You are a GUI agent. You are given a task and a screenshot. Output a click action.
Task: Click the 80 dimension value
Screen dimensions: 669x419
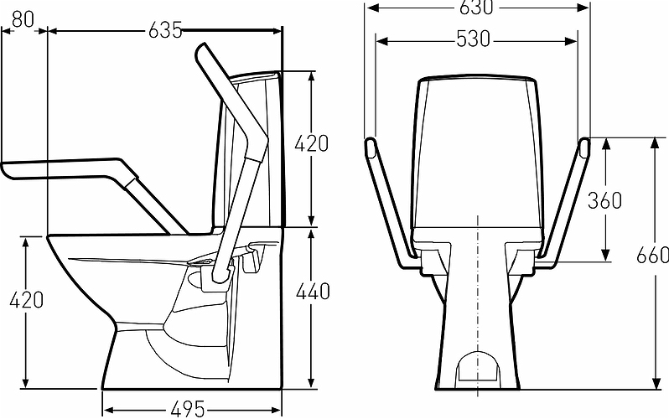coord(23,19)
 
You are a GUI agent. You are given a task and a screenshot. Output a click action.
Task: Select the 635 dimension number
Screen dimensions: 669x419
coord(165,30)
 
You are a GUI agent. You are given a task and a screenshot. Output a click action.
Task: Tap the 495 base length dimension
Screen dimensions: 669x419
coord(188,410)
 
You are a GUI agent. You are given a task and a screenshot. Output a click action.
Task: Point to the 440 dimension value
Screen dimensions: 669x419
coord(314,292)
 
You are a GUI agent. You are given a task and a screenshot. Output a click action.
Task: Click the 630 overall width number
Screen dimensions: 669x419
coord(476,8)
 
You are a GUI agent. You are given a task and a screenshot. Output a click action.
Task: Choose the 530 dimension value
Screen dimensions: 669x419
coord(474,39)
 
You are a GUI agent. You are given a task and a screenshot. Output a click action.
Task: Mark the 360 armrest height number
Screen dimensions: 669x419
coord(604,200)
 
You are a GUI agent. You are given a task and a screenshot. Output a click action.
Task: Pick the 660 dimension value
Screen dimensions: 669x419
coord(652,255)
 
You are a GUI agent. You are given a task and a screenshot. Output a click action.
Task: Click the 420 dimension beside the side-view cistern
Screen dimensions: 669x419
coord(312,144)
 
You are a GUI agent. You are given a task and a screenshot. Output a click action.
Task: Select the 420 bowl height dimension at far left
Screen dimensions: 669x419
coord(27,300)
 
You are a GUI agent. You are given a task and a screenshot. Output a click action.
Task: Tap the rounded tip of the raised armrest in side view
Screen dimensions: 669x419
coord(202,49)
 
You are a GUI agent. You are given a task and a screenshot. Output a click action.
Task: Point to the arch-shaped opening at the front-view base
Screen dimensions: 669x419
coord(477,366)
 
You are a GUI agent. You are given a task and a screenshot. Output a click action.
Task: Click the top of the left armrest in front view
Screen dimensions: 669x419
coord(370,144)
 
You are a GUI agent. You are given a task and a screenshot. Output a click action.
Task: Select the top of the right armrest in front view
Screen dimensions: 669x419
coord(584,144)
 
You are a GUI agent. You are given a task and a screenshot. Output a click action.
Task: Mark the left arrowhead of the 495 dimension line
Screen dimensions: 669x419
coord(108,410)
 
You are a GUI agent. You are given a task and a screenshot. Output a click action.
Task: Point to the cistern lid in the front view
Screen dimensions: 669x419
coord(477,80)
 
